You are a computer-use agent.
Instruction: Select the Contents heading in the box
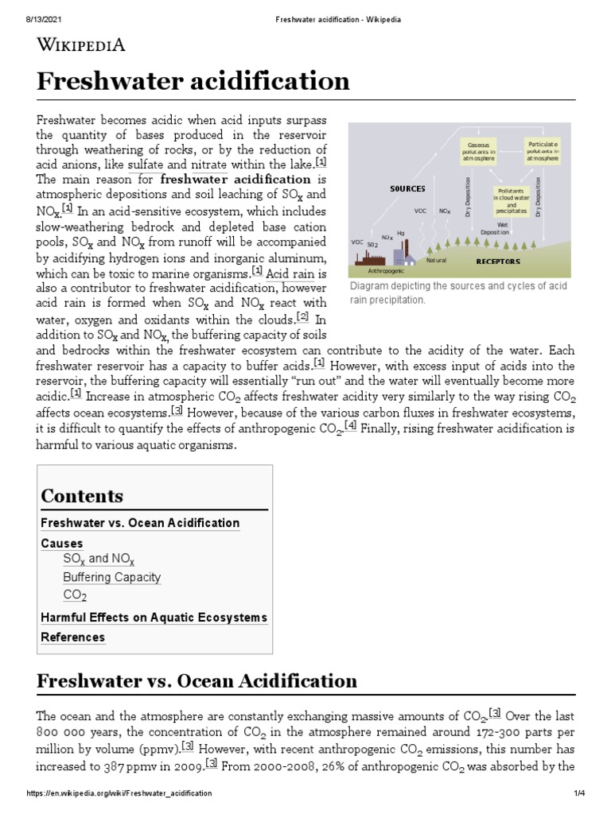pos(82,496)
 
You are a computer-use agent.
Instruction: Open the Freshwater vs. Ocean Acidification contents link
pos(140,523)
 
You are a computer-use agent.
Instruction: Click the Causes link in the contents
pos(62,544)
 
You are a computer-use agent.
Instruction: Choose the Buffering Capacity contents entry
pos(111,577)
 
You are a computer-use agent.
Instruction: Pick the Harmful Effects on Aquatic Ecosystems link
pos(154,618)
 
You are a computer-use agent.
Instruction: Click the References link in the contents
pos(72,638)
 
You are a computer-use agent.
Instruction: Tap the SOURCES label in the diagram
pos(407,188)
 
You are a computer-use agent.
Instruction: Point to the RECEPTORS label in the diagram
pos(498,261)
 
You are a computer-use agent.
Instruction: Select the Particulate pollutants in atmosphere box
pos(543,152)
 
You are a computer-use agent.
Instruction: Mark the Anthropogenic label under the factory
pos(386,271)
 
